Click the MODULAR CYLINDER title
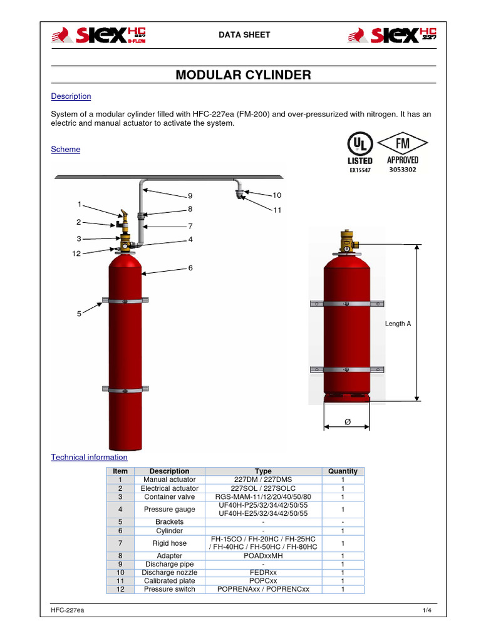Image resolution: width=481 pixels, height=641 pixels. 243,75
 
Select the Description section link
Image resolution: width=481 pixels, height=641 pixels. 71,96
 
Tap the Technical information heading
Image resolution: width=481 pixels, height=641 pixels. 89,458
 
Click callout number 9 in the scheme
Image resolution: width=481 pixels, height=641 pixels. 190,197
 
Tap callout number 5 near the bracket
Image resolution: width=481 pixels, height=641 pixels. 79,314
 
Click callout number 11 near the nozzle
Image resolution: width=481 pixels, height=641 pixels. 277,210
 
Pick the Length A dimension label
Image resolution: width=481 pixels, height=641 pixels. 398,324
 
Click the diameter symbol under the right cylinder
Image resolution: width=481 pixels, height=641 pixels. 347,424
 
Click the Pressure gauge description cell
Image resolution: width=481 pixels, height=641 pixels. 169,510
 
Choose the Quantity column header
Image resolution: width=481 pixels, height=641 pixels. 343,471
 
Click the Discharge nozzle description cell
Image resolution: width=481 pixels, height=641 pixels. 169,573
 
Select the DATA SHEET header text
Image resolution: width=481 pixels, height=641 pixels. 244,34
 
